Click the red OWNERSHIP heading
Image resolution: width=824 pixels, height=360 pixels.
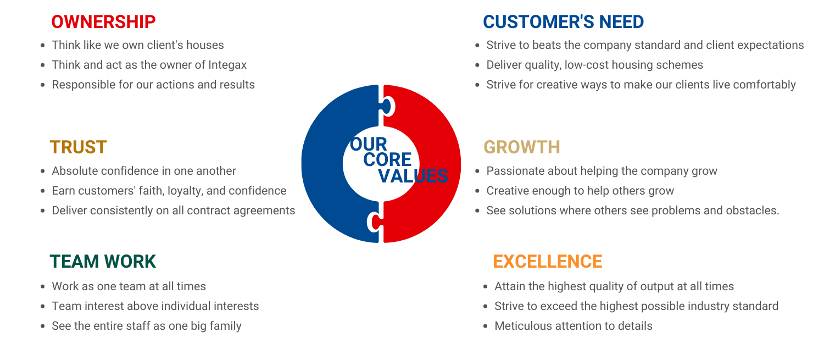103,22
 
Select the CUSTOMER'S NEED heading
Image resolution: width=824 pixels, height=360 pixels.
563,22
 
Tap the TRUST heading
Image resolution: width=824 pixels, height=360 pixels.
79,147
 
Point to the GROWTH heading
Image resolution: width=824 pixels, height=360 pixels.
522,147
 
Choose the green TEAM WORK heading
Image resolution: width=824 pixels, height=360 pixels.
103,262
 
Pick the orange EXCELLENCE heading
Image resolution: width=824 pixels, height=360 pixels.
547,262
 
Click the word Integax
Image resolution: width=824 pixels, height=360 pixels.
227,65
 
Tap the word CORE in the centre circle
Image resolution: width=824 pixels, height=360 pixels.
387,160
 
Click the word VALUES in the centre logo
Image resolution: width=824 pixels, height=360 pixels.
413,176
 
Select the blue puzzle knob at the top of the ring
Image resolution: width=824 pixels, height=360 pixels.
387,107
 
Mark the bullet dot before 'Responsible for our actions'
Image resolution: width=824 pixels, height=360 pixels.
43,85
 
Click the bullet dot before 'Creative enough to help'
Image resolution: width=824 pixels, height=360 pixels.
477,191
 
